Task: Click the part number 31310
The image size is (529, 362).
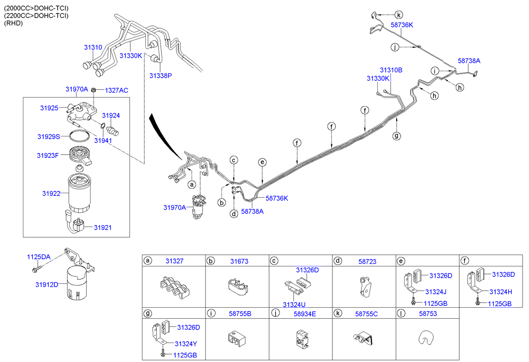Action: pyautogui.click(x=93, y=47)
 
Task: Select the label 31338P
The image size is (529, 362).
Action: pyautogui.click(x=160, y=76)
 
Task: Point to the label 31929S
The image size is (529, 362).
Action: pyautogui.click(x=48, y=136)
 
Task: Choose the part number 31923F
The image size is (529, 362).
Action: pyautogui.click(x=48, y=155)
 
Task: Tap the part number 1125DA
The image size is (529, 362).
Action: pyautogui.click(x=38, y=257)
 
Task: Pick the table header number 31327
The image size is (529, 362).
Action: pyautogui.click(x=175, y=261)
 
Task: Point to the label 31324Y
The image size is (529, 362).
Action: pyautogui.click(x=186, y=343)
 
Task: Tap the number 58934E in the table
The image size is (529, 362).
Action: pyautogui.click(x=304, y=314)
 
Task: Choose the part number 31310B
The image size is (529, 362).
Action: pyautogui.click(x=391, y=70)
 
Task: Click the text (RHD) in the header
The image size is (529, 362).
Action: pyautogui.click(x=13, y=23)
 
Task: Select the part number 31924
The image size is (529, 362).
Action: pyautogui.click(x=111, y=115)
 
